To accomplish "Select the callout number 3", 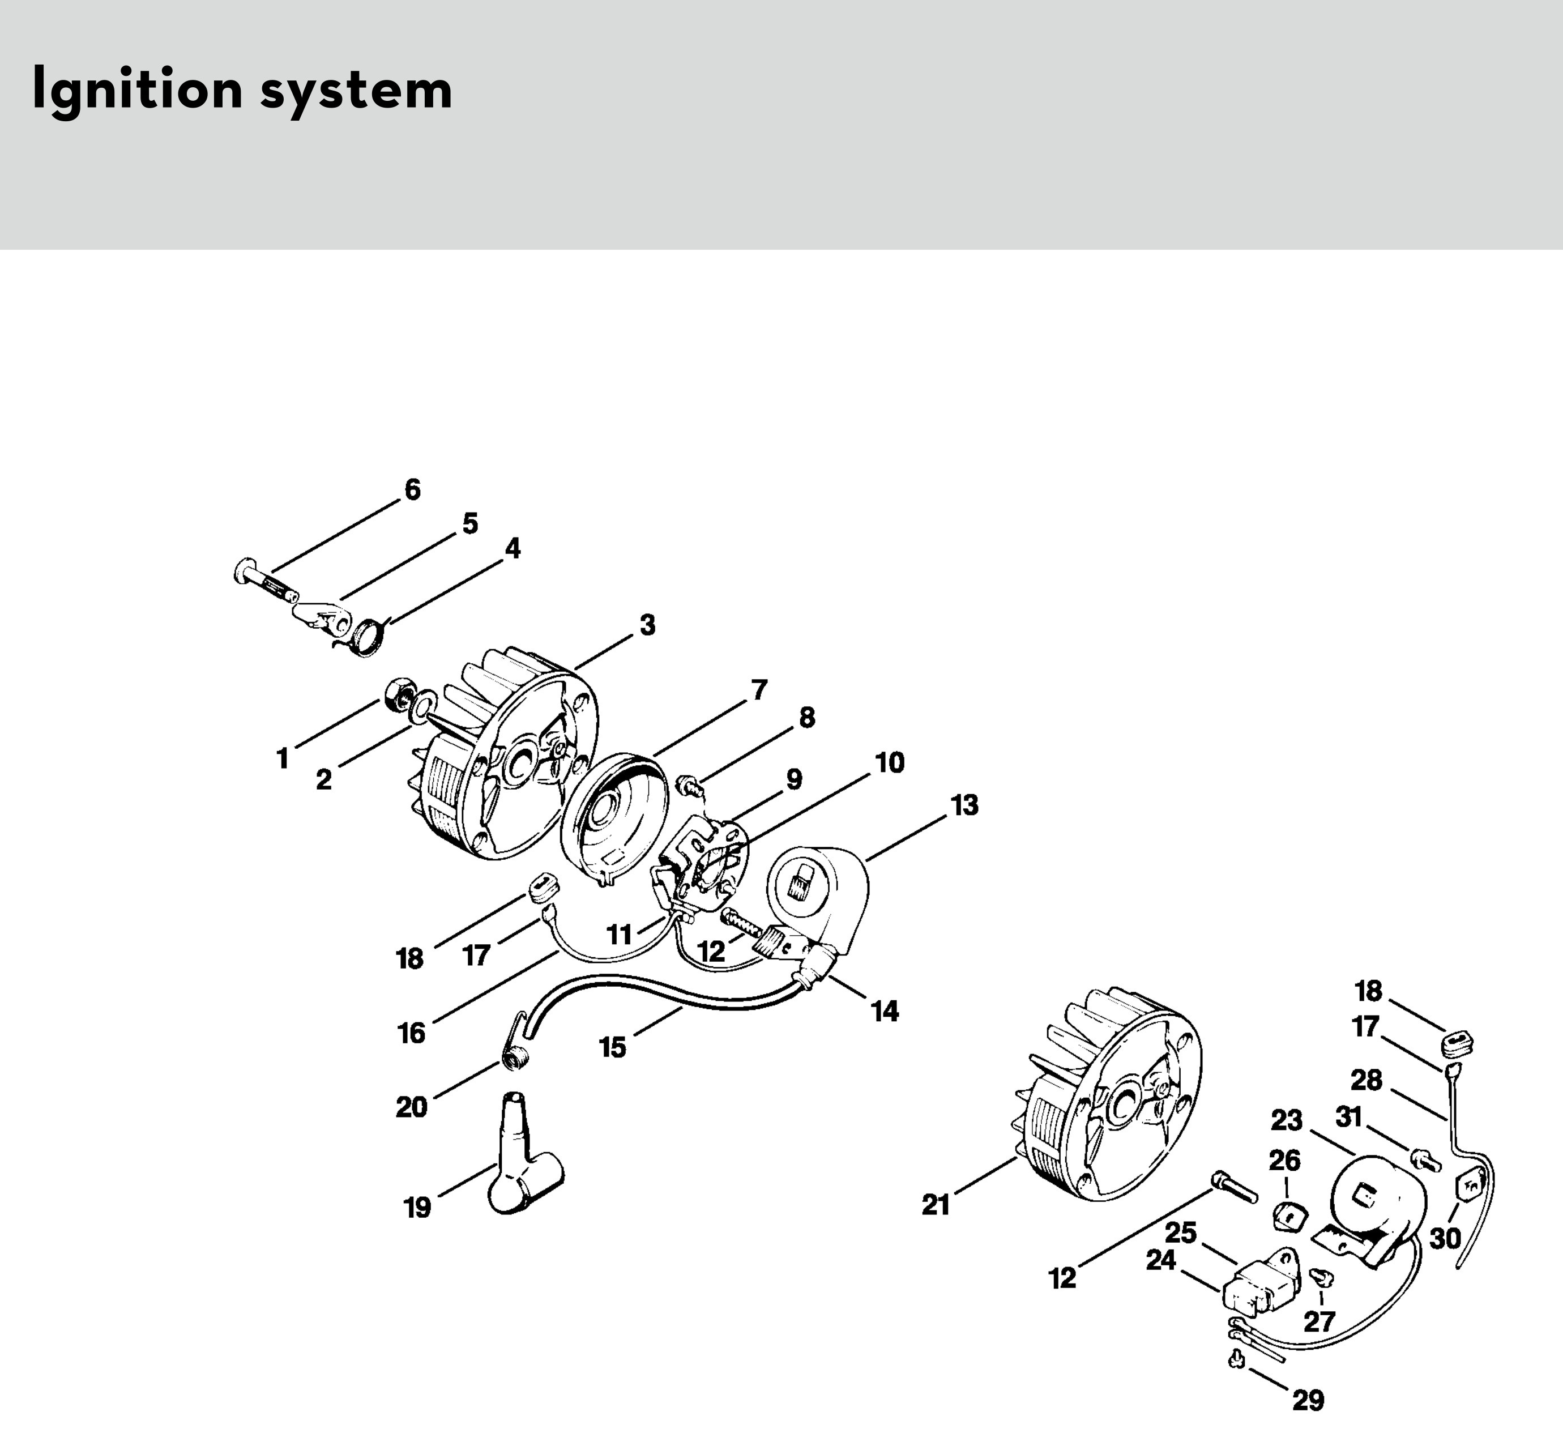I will pos(647,625).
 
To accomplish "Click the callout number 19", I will pos(417,1208).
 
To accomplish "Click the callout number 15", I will pos(612,1047).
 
